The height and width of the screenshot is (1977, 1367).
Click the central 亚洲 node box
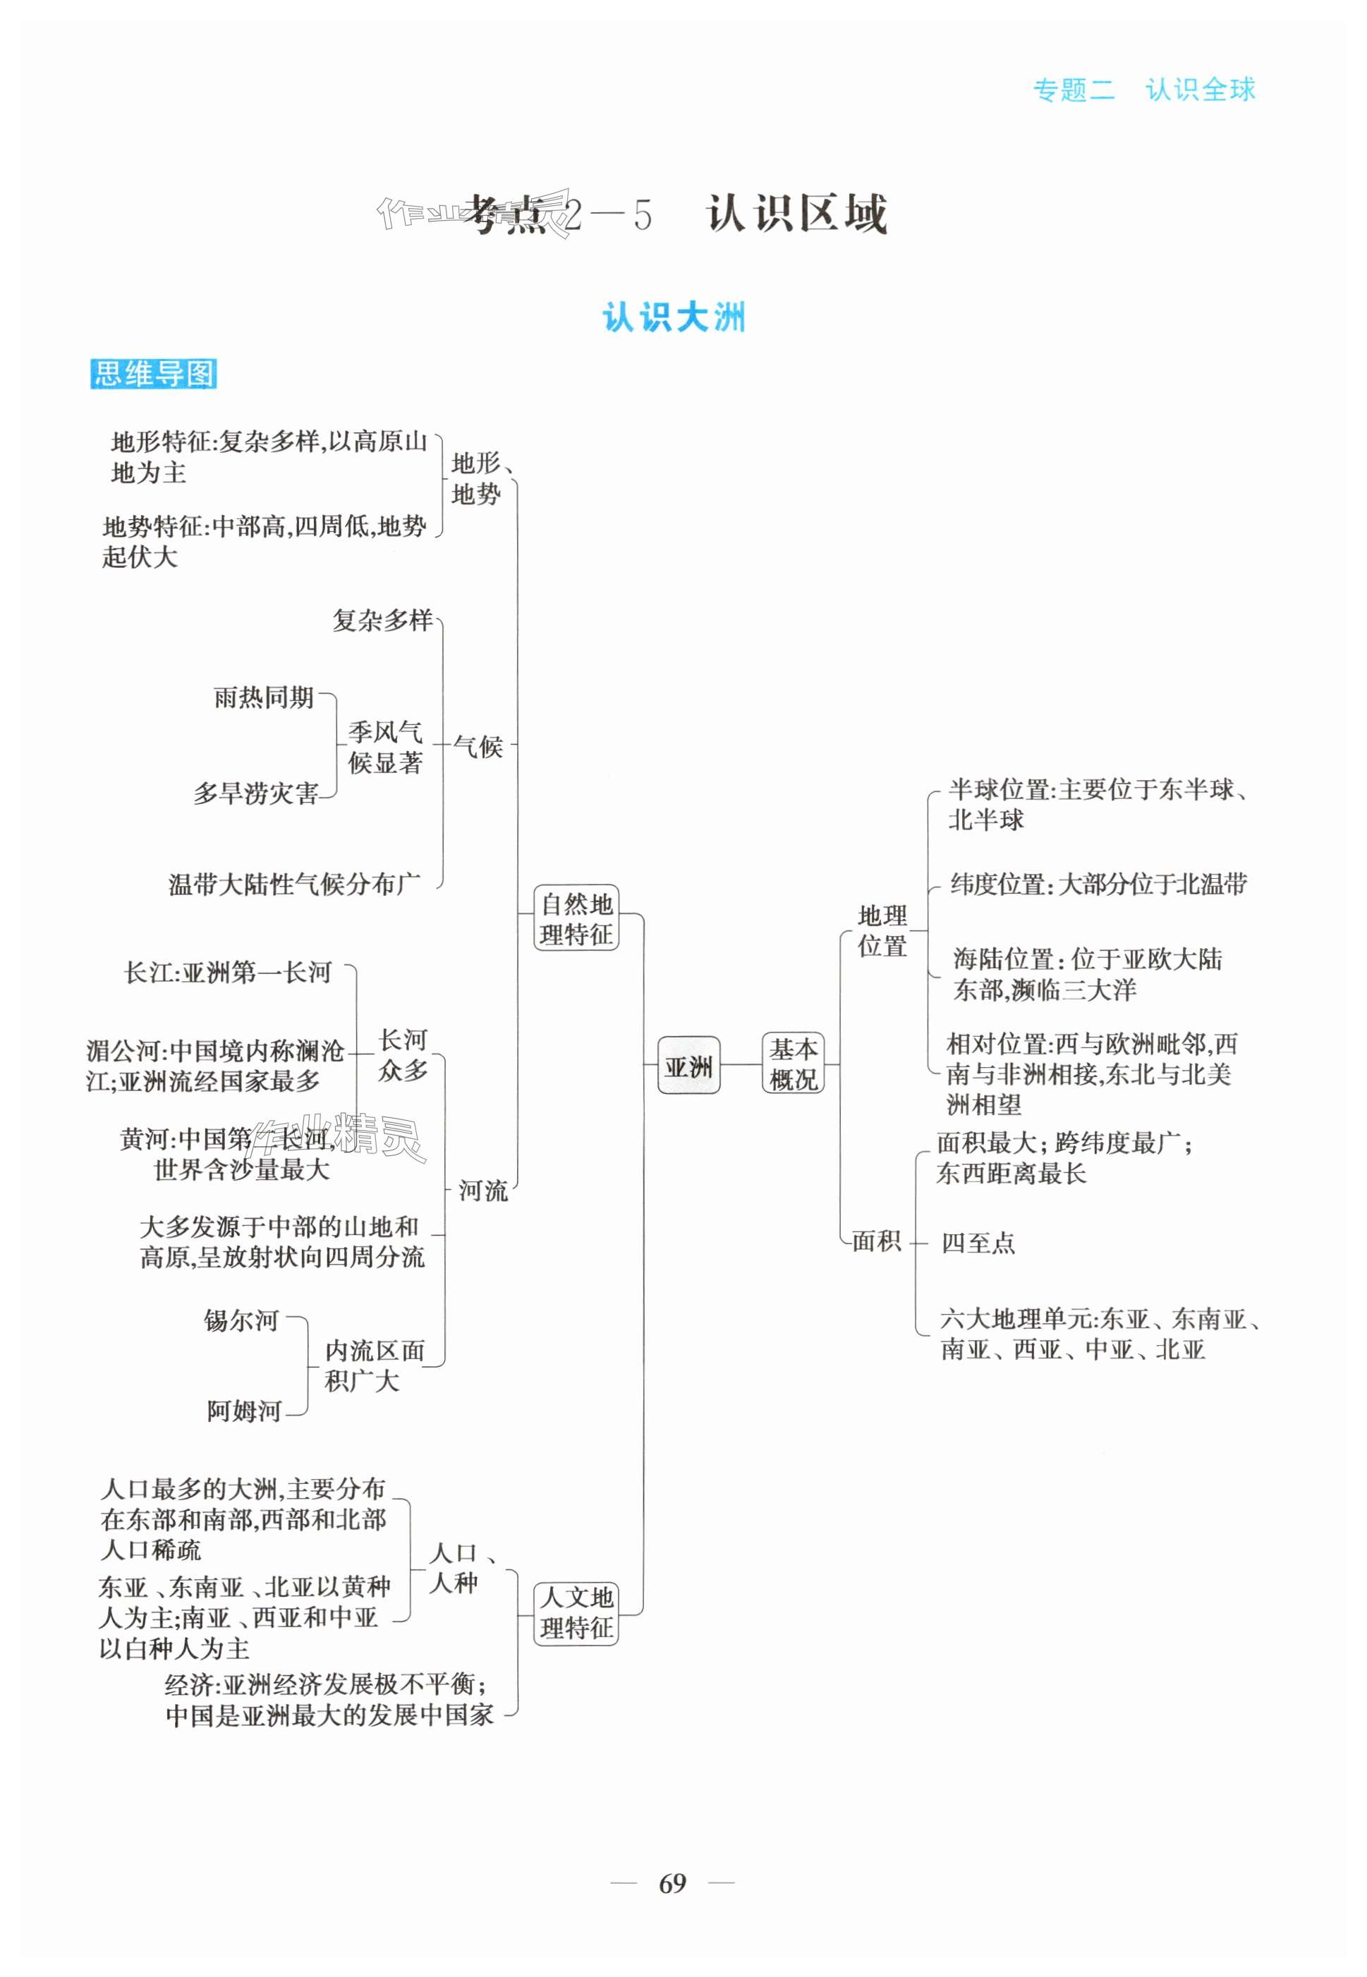coord(688,1065)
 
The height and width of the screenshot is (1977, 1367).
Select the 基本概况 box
coord(792,1064)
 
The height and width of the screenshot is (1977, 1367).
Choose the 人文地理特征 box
coord(576,1612)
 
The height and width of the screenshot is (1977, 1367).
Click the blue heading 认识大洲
coord(673,317)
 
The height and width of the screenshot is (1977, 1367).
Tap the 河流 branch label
coord(483,1190)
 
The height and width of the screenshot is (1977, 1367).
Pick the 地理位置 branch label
coord(882,931)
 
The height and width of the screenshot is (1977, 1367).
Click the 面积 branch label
coord(876,1241)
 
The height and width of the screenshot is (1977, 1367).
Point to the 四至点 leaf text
coord(978,1242)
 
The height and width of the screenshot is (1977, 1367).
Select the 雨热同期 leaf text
coord(264,698)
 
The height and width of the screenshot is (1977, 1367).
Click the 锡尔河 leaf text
coord(241,1320)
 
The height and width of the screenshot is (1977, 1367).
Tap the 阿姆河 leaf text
coord(244,1411)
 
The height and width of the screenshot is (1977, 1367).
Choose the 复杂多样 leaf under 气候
coord(383,620)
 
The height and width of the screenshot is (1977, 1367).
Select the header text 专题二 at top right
coord(1074,90)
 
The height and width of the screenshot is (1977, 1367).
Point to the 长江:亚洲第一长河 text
coord(228,973)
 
